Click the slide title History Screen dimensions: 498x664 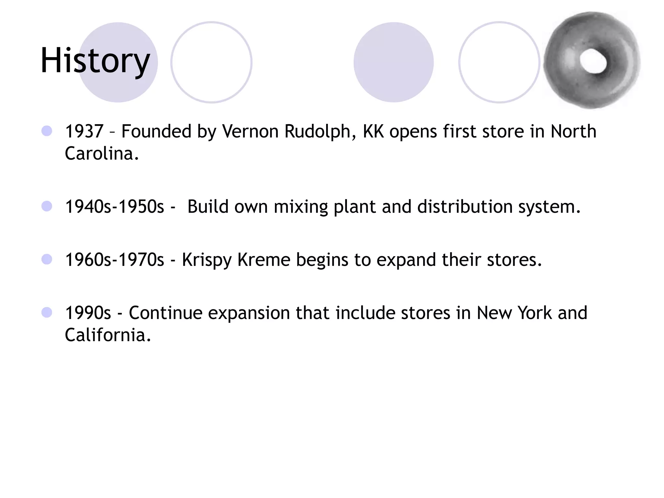tap(95, 61)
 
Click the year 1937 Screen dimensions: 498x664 tap(84, 132)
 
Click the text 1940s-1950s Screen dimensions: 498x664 tap(115, 207)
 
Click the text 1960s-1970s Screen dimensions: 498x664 tap(115, 260)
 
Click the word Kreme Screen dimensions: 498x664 tap(264, 260)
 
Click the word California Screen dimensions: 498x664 tap(108, 335)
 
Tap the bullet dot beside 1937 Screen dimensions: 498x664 tap(47, 131)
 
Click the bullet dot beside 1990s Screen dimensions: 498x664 tap(47, 313)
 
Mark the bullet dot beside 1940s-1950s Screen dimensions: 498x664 tap(47, 206)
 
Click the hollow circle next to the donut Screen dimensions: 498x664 tap(499, 62)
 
